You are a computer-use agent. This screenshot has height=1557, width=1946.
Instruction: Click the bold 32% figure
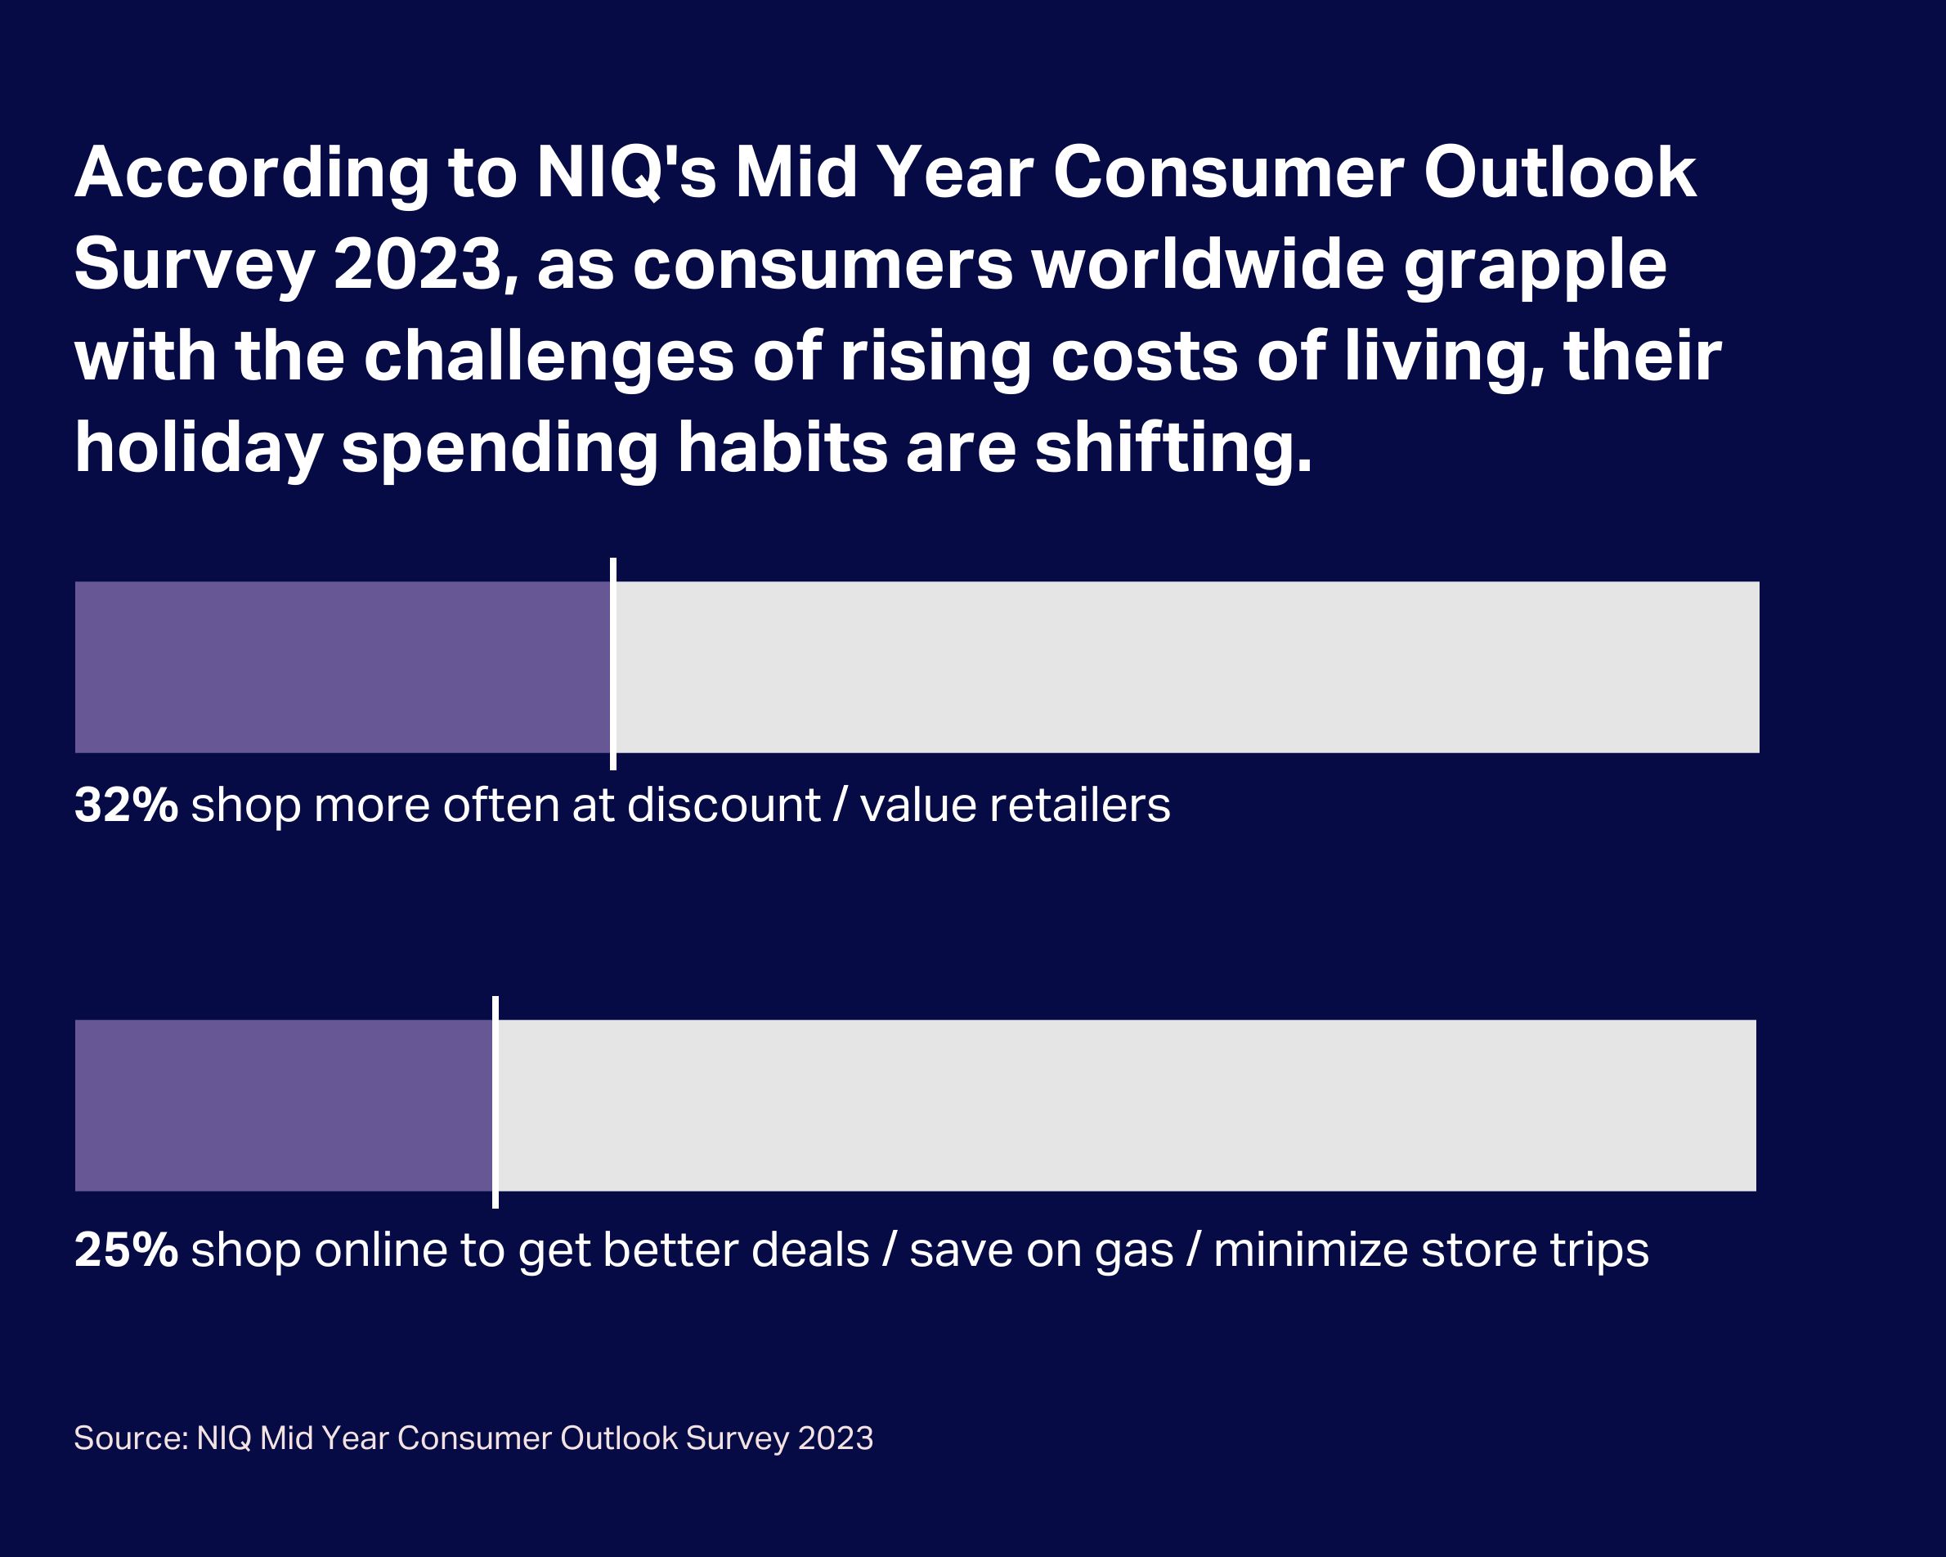(x=125, y=805)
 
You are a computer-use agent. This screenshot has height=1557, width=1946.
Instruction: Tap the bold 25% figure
(x=125, y=1251)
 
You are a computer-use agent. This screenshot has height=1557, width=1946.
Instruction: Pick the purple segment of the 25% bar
(x=283, y=1106)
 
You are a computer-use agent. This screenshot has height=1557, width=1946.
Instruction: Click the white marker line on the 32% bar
(x=613, y=663)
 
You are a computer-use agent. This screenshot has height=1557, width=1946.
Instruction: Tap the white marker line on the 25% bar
(x=495, y=1102)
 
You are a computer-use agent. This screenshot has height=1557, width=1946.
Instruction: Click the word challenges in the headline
(x=549, y=357)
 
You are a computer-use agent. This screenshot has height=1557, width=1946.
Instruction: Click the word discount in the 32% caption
(x=723, y=805)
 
